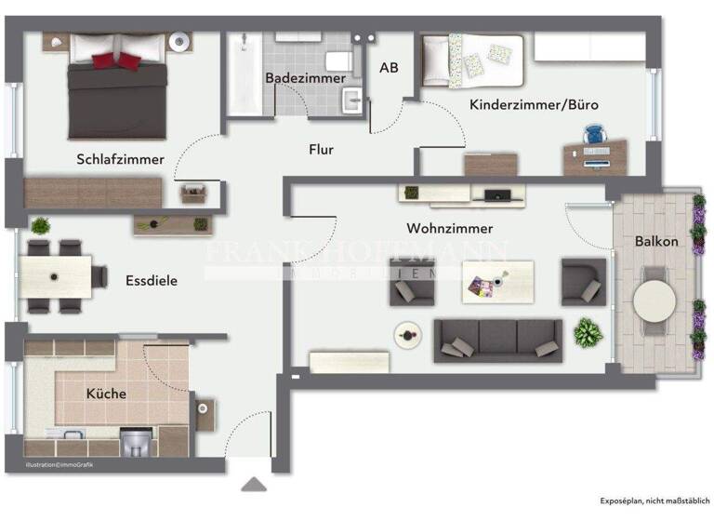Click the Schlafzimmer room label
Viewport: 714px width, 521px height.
pos(120,159)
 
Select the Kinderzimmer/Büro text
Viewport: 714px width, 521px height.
pos(534,105)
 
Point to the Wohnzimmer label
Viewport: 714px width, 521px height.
pos(449,228)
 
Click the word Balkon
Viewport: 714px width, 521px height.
pos(656,241)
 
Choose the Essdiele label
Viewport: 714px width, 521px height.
pos(152,279)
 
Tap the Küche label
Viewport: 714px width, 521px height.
pos(106,394)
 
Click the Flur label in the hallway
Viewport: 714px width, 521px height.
pos(322,149)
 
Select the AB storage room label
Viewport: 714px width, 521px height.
pos(389,68)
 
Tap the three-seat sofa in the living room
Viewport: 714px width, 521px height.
pos(498,340)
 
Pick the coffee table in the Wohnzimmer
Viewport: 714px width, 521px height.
pos(497,281)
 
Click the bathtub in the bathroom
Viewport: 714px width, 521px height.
pos(245,76)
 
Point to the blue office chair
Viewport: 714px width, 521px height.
pos(594,136)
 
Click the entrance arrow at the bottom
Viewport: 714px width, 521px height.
pos(252,484)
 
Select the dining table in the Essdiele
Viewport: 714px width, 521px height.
pos(56,276)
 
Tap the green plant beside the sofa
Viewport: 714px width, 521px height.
pos(588,332)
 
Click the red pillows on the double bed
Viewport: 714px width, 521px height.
pos(118,60)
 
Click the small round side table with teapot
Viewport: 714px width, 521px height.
pos(405,334)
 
